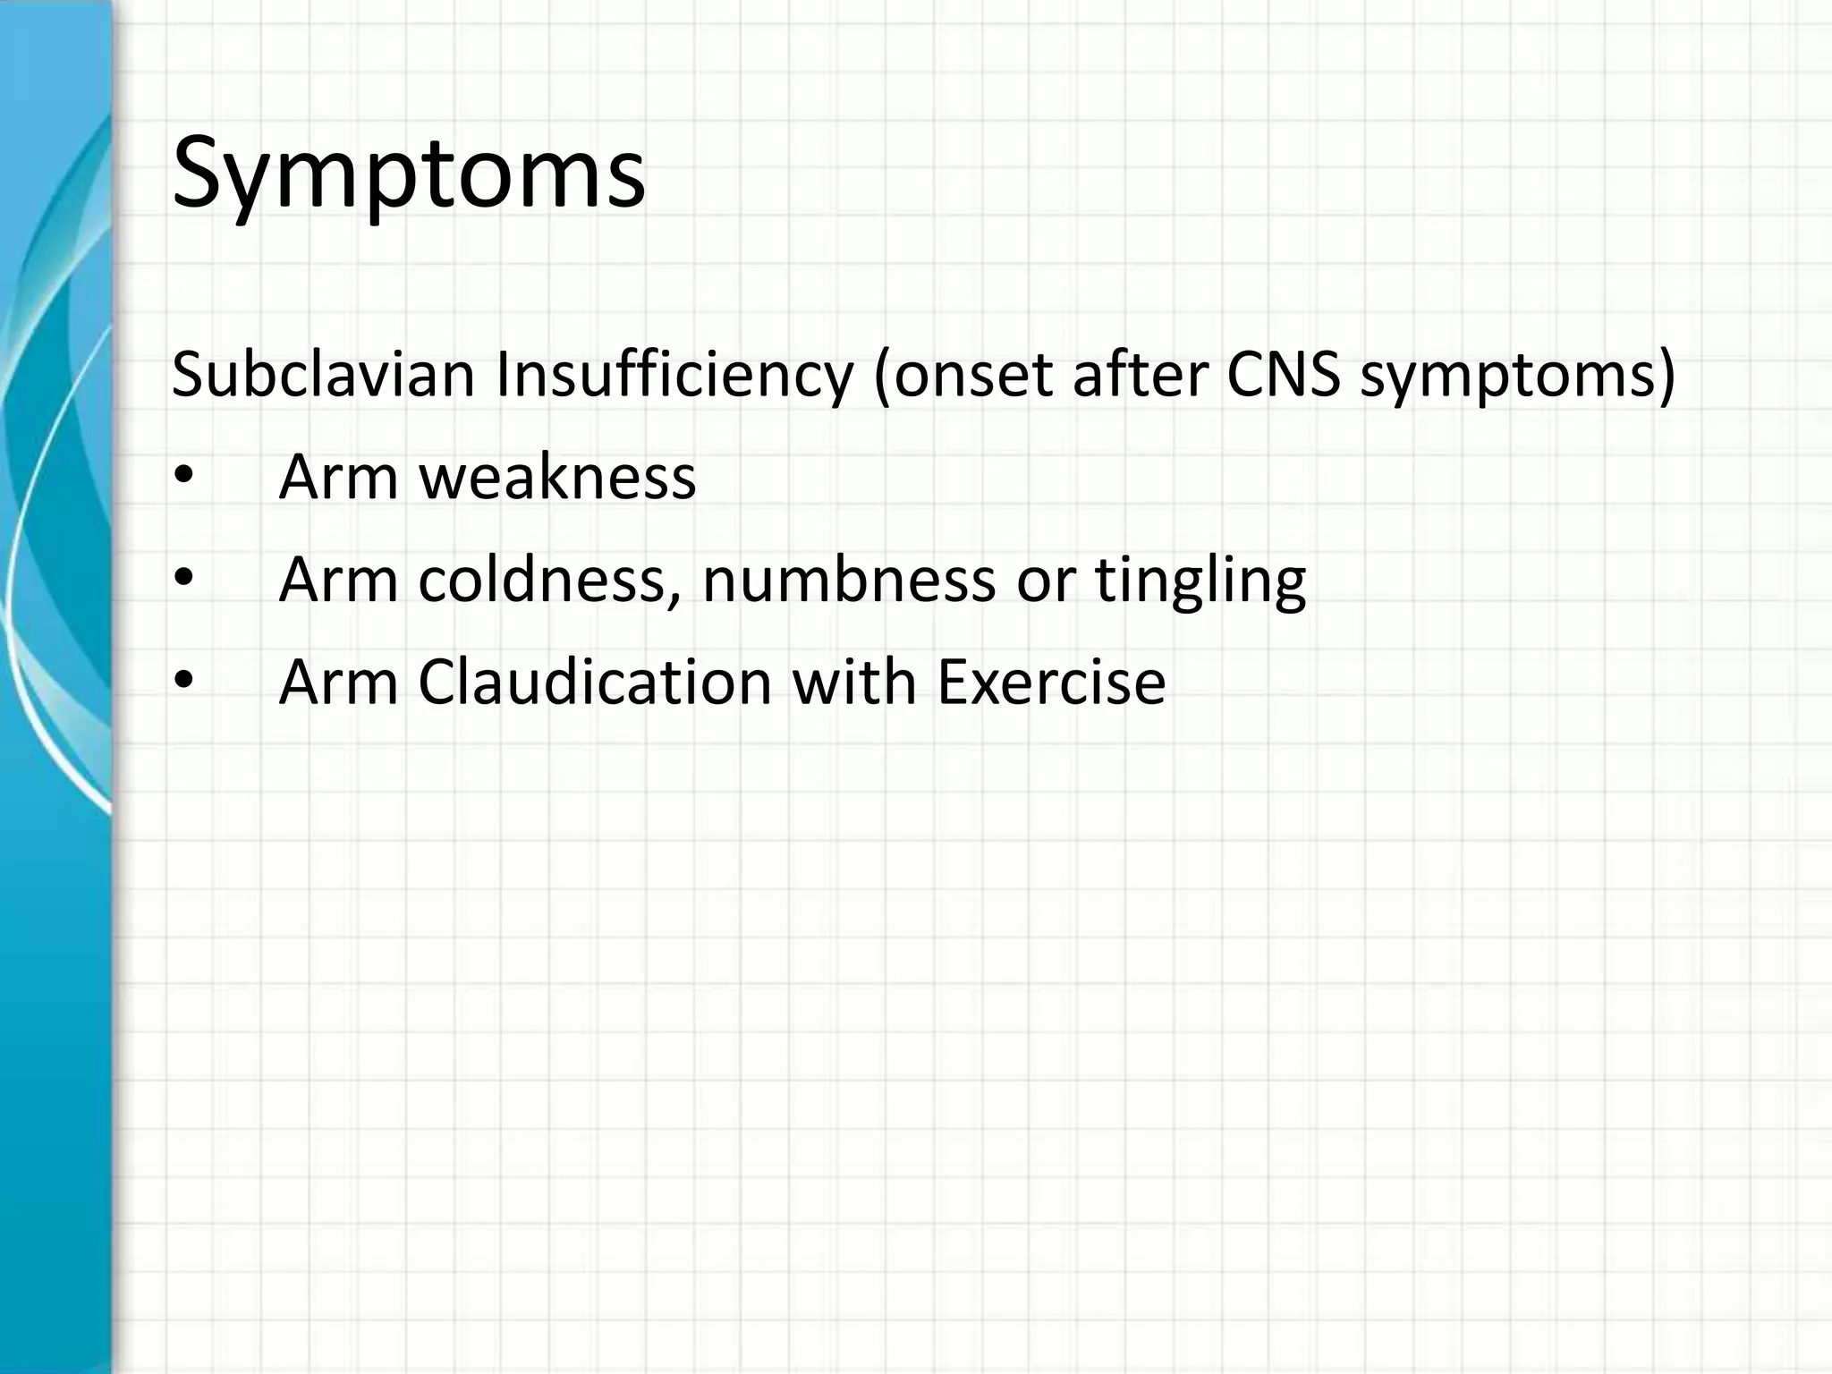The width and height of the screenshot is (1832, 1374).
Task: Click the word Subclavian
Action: [x=322, y=375]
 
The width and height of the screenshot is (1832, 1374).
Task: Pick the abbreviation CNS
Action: [x=1283, y=375]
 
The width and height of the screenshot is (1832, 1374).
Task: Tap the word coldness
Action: [x=547, y=580]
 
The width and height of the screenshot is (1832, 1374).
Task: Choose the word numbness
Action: [x=848, y=580]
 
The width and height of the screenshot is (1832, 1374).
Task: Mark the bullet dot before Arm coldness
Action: [x=183, y=580]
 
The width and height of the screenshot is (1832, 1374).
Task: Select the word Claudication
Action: [x=595, y=683]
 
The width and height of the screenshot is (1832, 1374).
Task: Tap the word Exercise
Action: [x=1051, y=683]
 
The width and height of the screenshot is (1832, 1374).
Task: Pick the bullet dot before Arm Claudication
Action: [x=183, y=683]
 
